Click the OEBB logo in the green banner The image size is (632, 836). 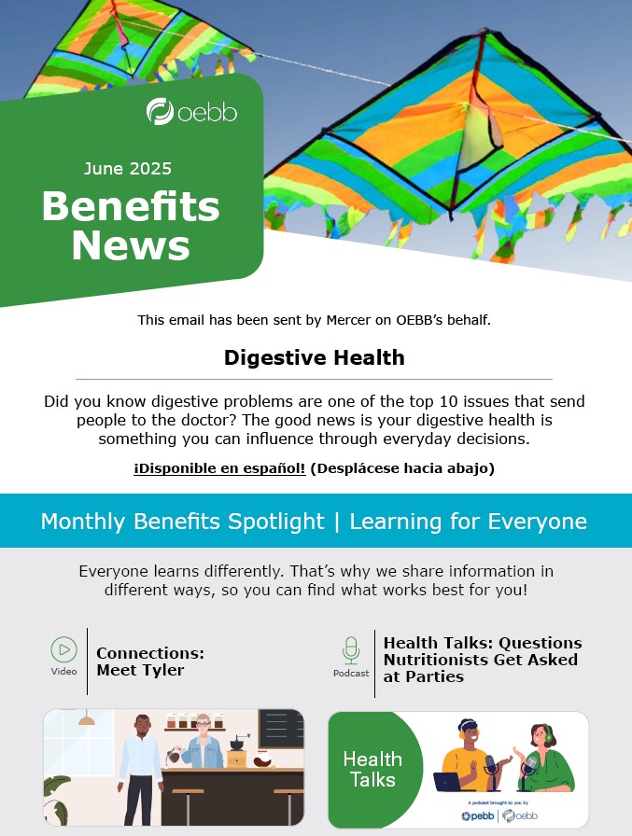coord(191,111)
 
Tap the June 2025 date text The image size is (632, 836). coord(128,169)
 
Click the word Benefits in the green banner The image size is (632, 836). coord(131,206)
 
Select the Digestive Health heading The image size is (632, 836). coord(315,357)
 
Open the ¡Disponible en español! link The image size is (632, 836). coord(219,468)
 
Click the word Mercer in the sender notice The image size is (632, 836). coord(348,320)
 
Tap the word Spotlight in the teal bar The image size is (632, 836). coord(276,521)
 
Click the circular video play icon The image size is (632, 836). coord(64,649)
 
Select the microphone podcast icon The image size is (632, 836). coord(351,650)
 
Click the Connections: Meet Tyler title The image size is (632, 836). coord(150,662)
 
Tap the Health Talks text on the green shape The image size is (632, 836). coord(372,770)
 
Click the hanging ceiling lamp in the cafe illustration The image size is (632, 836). coord(87,718)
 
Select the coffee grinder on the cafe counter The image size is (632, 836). coord(237,752)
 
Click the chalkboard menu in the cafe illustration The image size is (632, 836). coord(281,729)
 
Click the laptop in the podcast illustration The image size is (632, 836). coord(447,782)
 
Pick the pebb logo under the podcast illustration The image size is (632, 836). coord(478,815)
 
